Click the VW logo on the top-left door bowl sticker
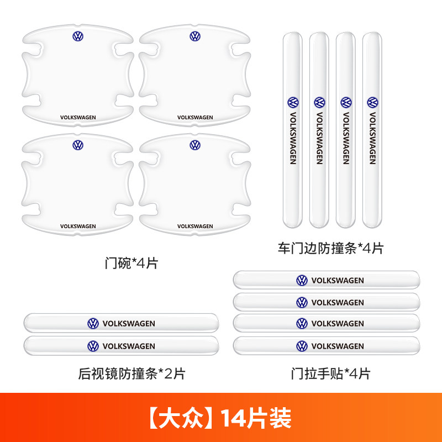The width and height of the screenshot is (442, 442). (78, 36)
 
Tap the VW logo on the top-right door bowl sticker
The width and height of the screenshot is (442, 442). (195, 36)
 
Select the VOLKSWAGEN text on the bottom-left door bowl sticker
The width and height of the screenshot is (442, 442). (78, 226)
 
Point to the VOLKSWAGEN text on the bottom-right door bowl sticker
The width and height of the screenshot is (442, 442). (195, 226)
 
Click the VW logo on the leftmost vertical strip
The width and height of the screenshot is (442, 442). (293, 103)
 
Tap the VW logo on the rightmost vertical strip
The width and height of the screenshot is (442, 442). (372, 103)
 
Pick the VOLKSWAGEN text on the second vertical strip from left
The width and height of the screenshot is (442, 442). (319, 138)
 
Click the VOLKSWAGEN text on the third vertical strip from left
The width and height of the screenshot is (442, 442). (346, 138)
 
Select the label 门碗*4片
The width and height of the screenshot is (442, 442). (131, 264)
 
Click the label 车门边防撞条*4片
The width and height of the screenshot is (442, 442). (330, 248)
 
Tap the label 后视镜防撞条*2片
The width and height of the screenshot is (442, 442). (131, 374)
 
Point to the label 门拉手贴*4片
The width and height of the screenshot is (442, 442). (330, 374)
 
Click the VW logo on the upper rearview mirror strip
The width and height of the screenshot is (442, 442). (93, 323)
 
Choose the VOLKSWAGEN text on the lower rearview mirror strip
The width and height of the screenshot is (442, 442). (129, 346)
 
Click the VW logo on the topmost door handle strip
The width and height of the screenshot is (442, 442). (302, 281)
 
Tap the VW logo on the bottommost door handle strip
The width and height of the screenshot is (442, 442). (302, 346)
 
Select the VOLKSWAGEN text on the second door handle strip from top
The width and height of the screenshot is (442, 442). (338, 302)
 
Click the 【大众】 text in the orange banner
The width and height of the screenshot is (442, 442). (181, 418)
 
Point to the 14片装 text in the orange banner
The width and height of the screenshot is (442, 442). (256, 418)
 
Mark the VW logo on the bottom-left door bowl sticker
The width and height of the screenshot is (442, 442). (78, 145)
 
